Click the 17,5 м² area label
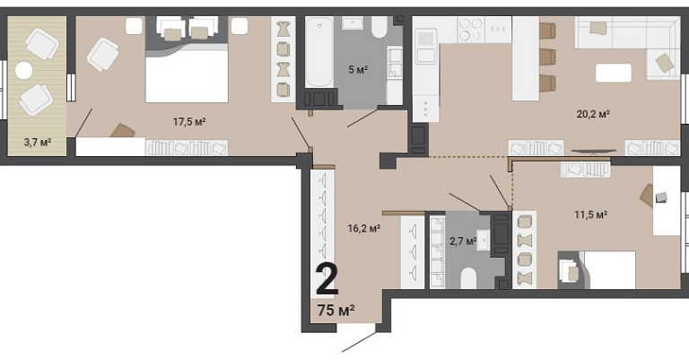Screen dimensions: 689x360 189,121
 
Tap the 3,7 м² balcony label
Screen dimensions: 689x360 38,142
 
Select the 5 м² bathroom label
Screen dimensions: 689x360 358,69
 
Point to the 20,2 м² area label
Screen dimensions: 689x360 593,114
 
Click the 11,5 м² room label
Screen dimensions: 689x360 591,215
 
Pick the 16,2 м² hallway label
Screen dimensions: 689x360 364,228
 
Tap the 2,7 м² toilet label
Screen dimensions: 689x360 463,241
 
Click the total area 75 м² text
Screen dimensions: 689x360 336,311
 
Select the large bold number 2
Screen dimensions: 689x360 327,280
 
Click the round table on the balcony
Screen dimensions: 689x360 23,70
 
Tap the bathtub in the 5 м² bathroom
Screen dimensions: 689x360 319,52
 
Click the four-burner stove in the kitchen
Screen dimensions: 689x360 471,30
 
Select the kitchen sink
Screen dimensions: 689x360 425,46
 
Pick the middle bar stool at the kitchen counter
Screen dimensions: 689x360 547,57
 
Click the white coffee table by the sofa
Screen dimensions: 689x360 614,73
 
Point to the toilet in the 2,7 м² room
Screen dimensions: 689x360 468,277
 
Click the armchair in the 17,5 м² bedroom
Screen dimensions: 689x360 103,55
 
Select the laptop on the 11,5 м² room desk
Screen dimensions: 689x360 661,198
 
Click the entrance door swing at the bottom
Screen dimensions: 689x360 359,342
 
